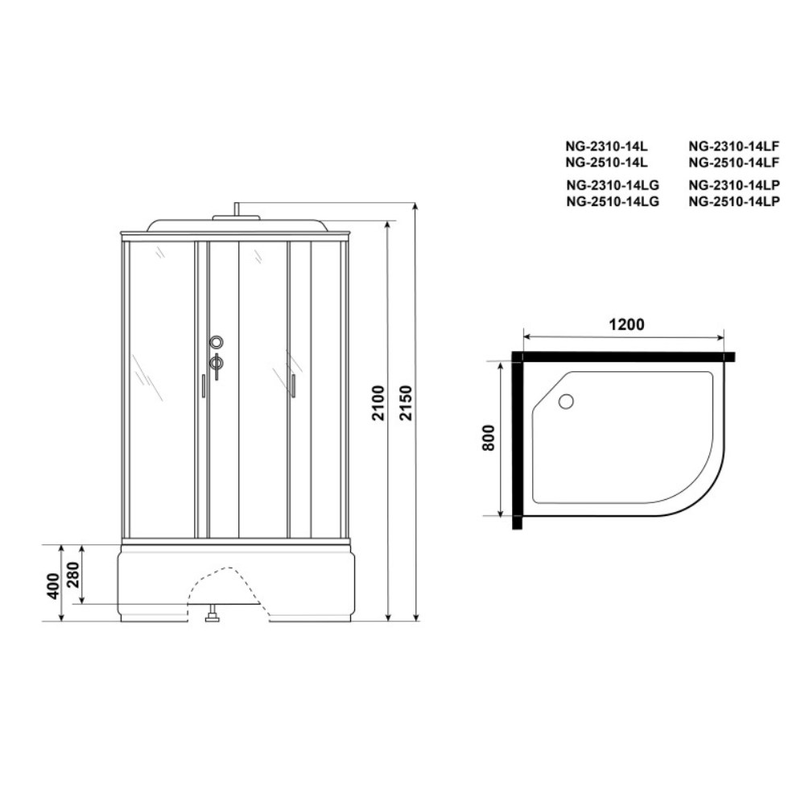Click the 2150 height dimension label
[407, 403]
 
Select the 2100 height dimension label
[378, 403]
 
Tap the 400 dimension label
[53, 586]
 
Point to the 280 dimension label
[73, 576]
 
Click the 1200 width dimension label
[626, 324]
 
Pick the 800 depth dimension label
[489, 438]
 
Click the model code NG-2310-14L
[606, 147]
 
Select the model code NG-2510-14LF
[734, 163]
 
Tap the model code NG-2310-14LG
[613, 185]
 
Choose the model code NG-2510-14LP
[734, 201]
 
